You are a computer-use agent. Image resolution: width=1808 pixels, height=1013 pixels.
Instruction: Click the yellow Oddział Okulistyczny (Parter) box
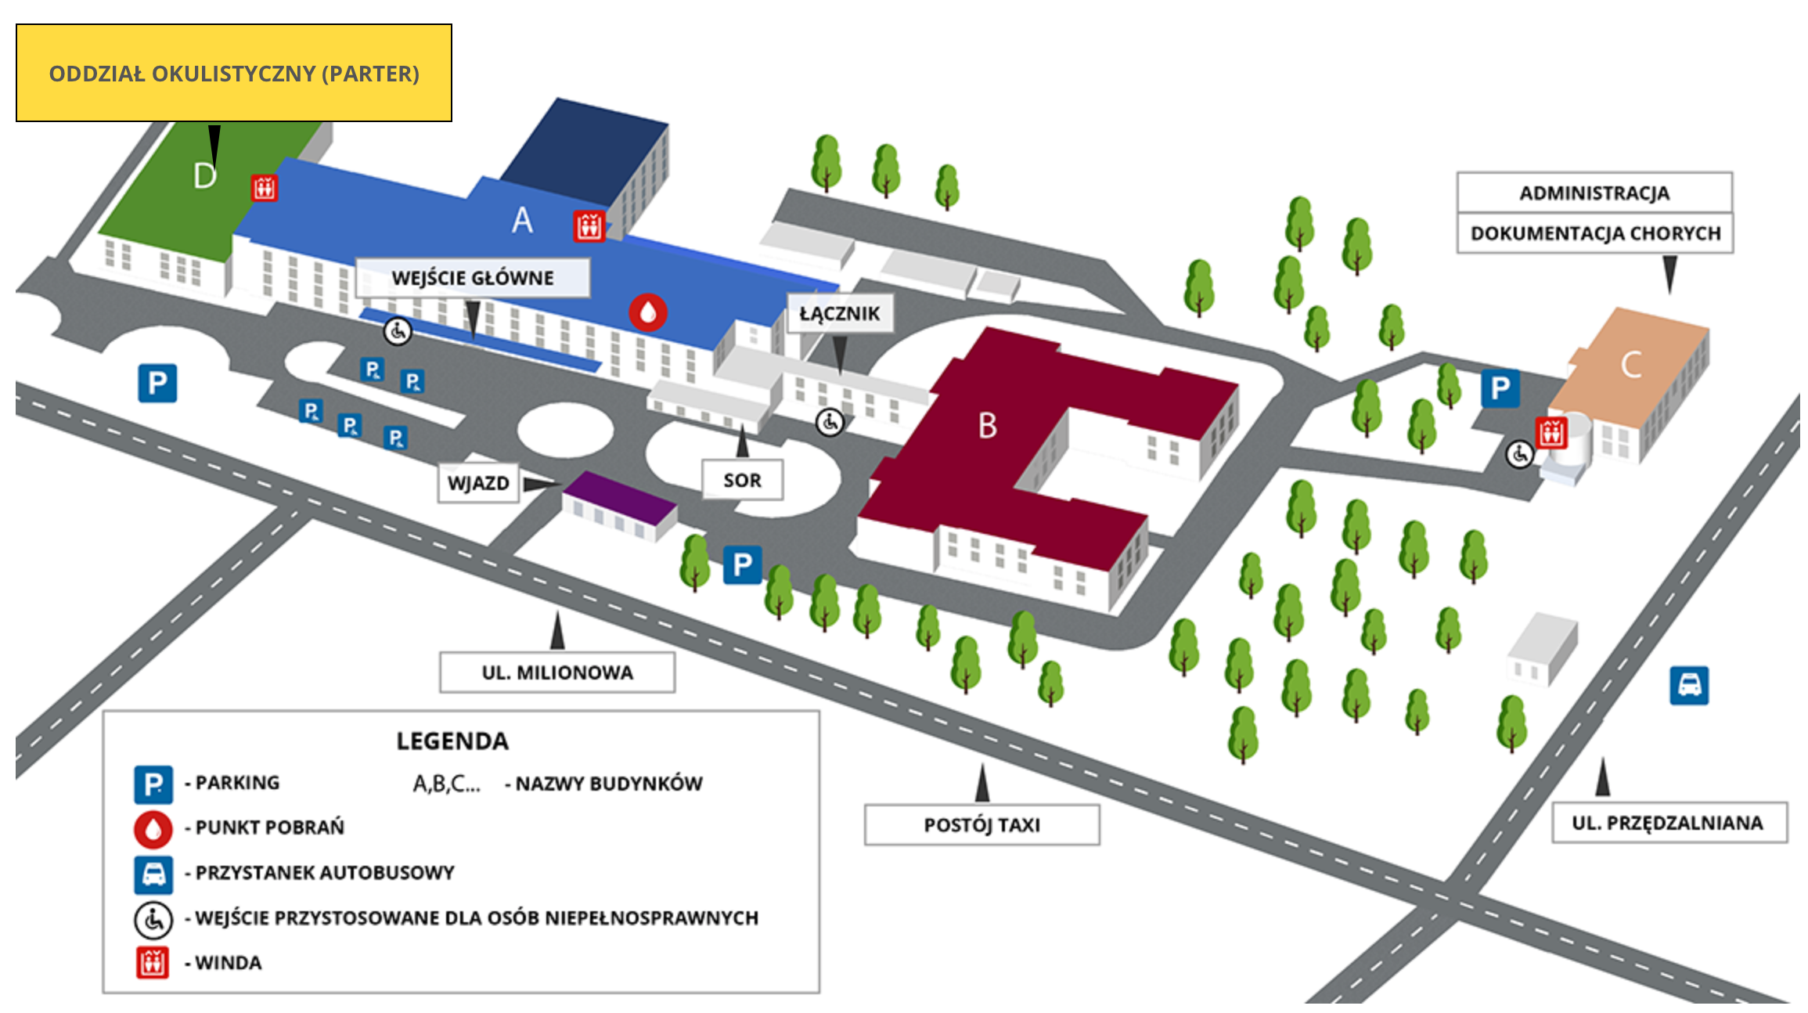pyautogui.click(x=234, y=73)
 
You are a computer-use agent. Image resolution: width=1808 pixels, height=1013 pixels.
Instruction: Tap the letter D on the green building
pyautogui.click(x=204, y=176)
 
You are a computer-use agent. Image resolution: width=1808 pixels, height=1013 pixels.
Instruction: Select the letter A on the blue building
pyautogui.click(x=522, y=220)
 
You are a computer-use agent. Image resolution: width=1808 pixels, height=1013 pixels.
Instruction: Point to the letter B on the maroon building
pyautogui.click(x=988, y=426)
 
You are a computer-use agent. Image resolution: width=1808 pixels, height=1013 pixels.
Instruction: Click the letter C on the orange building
pyautogui.click(x=1631, y=365)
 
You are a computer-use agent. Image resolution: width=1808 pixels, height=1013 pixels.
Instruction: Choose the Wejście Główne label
pyautogui.click(x=473, y=278)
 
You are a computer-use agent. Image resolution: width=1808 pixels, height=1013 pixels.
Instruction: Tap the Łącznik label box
pyautogui.click(x=840, y=313)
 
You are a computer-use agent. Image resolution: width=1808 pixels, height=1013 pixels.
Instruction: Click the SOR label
pyautogui.click(x=742, y=480)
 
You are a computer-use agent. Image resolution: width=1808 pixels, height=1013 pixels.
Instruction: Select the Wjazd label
pyautogui.click(x=478, y=483)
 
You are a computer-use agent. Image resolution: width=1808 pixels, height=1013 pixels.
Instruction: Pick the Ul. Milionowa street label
pyautogui.click(x=557, y=672)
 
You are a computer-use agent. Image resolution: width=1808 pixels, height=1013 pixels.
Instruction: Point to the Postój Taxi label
pyautogui.click(x=982, y=825)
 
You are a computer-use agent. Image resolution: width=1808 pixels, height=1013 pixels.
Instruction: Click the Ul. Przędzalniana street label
pyautogui.click(x=1669, y=823)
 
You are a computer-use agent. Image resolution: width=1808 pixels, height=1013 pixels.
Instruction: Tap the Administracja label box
pyautogui.click(x=1594, y=193)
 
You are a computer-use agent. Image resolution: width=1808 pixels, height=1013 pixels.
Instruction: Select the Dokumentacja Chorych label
pyautogui.click(x=1595, y=233)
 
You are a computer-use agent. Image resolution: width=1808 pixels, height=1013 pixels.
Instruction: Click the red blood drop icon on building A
pyautogui.click(x=648, y=312)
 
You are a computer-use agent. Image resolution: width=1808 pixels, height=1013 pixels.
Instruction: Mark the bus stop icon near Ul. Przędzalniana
pyautogui.click(x=1689, y=686)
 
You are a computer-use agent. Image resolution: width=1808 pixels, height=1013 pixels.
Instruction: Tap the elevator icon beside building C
pyautogui.click(x=1551, y=432)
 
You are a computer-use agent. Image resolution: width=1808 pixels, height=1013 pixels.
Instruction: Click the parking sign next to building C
pyautogui.click(x=1500, y=388)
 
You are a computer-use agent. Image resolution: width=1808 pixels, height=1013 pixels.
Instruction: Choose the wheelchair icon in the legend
pyautogui.click(x=153, y=920)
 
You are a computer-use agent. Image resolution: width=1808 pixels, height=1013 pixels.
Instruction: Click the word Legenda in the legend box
pyautogui.click(x=452, y=741)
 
